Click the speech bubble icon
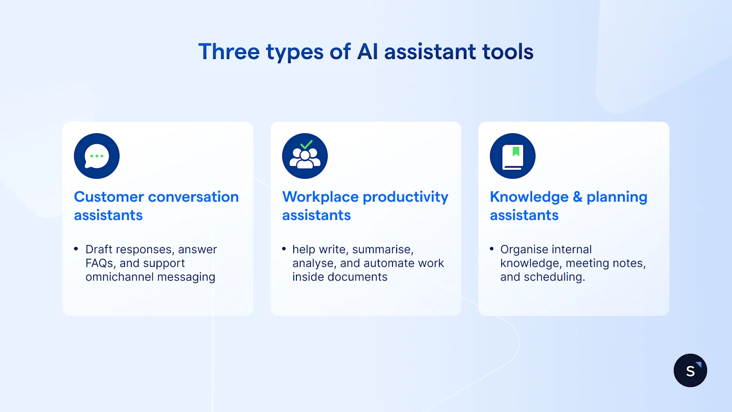(97, 156)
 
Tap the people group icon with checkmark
(305, 157)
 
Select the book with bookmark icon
(512, 156)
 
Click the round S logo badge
(690, 370)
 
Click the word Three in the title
(229, 51)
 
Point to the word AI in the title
(367, 51)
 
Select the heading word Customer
(109, 197)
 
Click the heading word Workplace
(320, 197)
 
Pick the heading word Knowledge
(529, 197)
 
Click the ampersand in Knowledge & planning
(577, 197)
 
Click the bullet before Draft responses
(76, 249)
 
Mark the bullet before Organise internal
(492, 249)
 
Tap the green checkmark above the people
(307, 145)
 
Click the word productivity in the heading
(405, 197)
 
